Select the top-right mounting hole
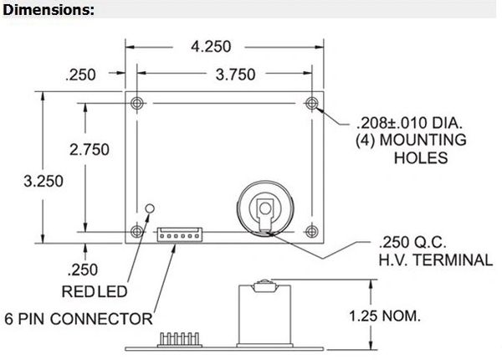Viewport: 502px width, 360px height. click(x=312, y=103)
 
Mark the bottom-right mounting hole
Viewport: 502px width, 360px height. click(x=312, y=231)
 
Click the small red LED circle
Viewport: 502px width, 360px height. click(x=150, y=207)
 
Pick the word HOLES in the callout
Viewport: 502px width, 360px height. click(x=420, y=158)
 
